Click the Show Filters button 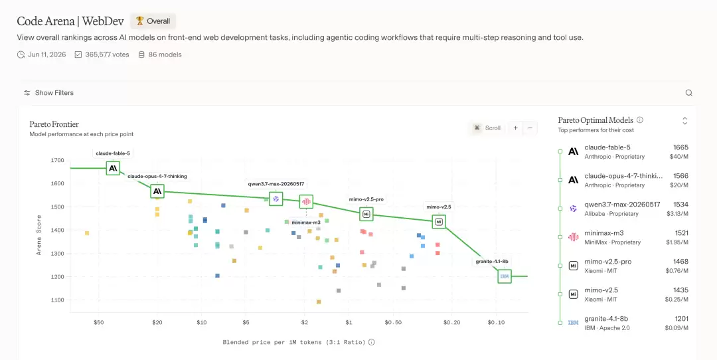click(48, 93)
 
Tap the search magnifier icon click(688, 93)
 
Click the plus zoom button click(515, 128)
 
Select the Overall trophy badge click(153, 21)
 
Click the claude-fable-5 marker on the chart click(113, 168)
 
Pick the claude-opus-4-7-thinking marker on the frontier click(157, 191)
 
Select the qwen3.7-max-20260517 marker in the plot click(276, 199)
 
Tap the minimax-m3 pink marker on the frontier click(306, 201)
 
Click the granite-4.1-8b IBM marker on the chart click(505, 276)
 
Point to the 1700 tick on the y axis click(57, 161)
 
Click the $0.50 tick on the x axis click(393, 323)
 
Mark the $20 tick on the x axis click(157, 323)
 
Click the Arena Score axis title click(39, 234)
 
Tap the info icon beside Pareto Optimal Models click(640, 120)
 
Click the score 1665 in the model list click(680, 147)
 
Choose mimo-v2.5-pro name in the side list click(607, 262)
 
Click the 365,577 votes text click(107, 54)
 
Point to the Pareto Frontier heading click(54, 124)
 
